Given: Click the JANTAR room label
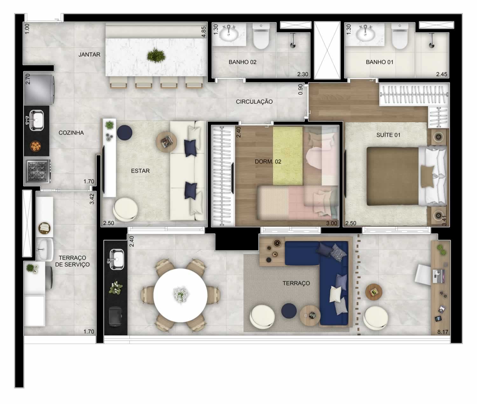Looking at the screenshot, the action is click(x=89, y=54).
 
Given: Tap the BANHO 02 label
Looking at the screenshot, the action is click(x=242, y=62).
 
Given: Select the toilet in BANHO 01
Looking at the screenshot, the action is click(x=400, y=37).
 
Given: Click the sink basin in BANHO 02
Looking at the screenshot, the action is click(x=229, y=35).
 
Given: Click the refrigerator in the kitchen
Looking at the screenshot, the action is click(x=39, y=89).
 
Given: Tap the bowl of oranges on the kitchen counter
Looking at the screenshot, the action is click(x=36, y=146).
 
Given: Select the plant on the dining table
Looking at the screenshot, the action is click(x=156, y=55).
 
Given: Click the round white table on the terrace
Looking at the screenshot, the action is click(x=180, y=295).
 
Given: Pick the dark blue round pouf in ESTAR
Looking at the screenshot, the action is click(x=124, y=132).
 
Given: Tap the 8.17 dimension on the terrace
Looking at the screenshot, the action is click(x=443, y=332).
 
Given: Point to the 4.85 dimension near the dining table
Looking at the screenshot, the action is click(x=204, y=32).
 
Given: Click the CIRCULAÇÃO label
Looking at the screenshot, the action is click(x=254, y=101).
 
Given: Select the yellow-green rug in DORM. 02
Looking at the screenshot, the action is click(x=288, y=156).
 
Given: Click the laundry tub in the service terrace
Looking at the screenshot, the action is click(x=45, y=249).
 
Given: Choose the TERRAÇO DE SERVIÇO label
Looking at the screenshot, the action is click(x=72, y=261).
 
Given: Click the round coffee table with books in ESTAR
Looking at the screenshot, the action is click(x=166, y=142).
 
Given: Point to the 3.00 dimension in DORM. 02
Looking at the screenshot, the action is click(x=331, y=223).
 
